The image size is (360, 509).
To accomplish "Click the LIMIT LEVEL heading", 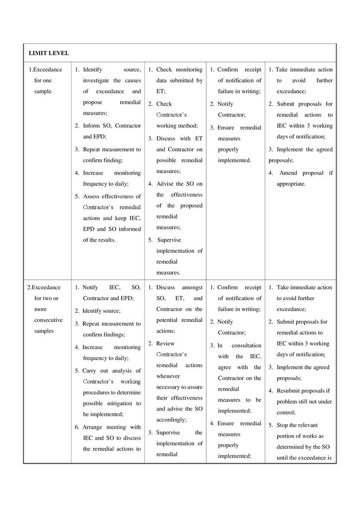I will point(49,53).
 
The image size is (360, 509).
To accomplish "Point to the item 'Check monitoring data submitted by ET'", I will point(179,80).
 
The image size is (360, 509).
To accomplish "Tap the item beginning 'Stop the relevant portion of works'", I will point(302,441).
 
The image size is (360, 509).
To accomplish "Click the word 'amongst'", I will point(192,287).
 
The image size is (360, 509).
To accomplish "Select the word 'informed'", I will point(130,229).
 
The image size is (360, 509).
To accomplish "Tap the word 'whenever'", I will point(168,376).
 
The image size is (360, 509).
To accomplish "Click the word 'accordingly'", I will point(171,420).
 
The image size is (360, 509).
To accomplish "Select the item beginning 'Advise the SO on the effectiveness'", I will point(179,205).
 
